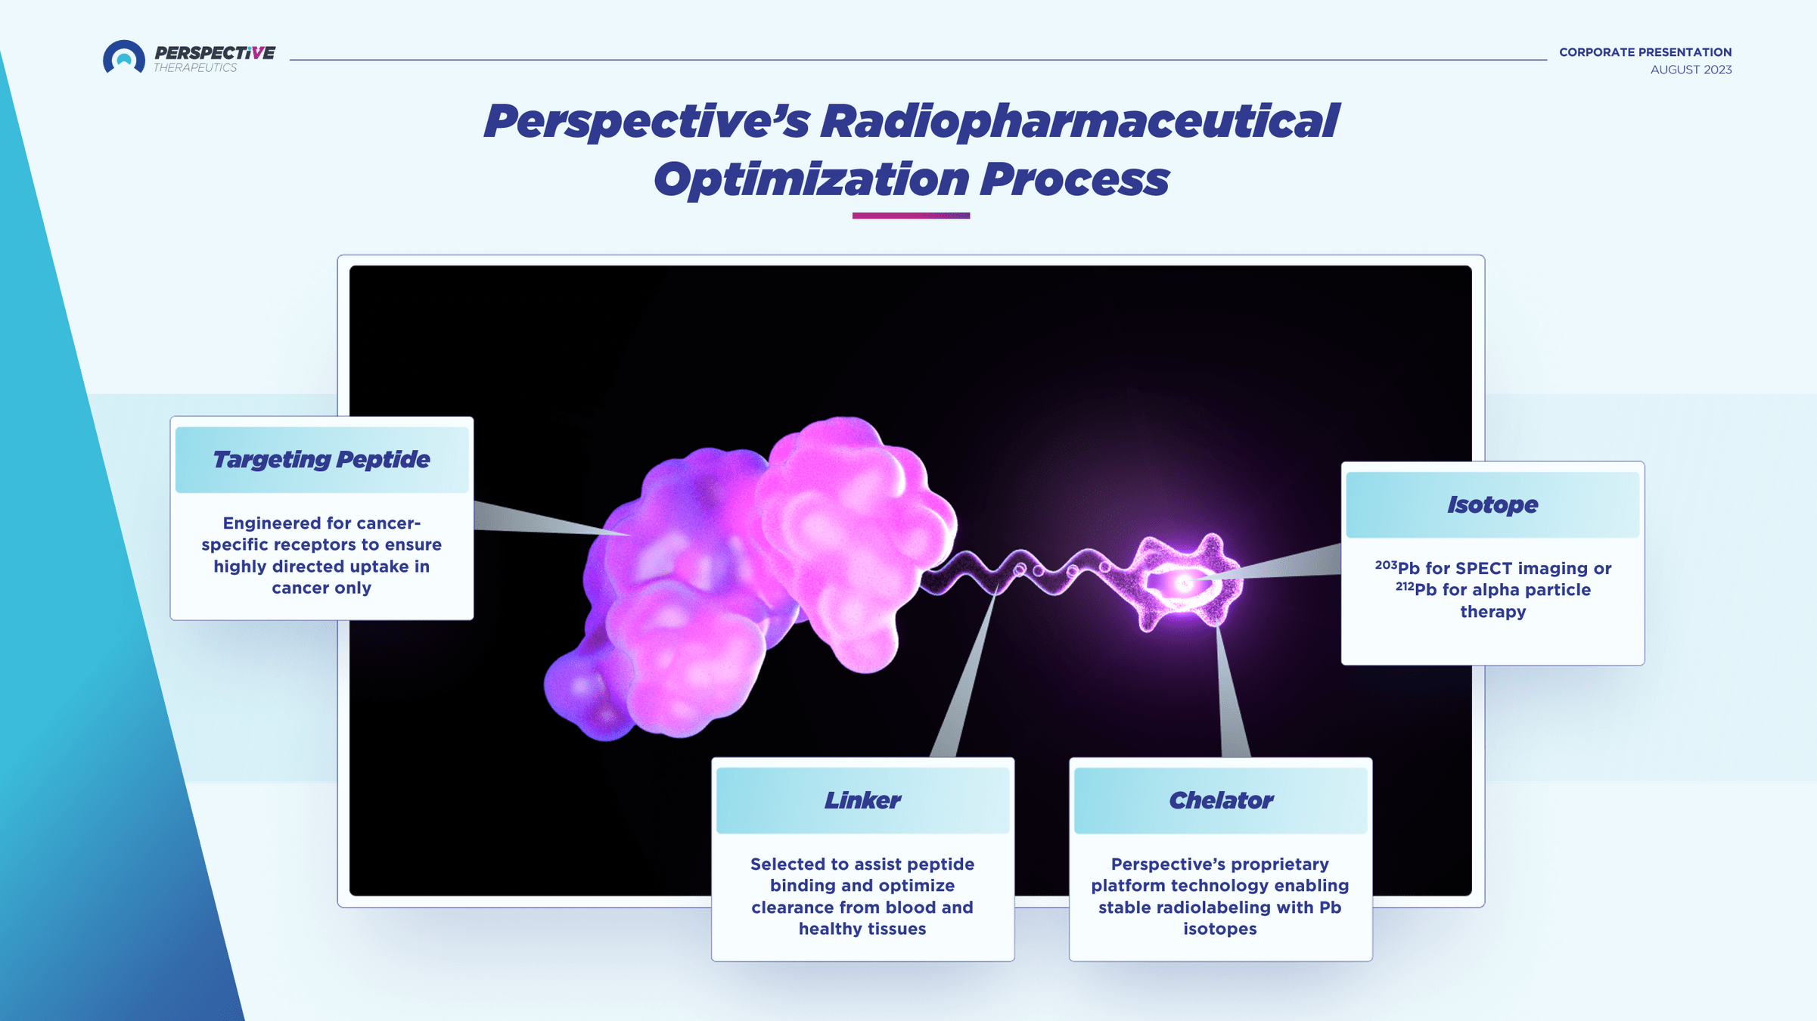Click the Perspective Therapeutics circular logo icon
[123, 57]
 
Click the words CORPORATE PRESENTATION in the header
[1645, 52]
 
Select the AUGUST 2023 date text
[1691, 70]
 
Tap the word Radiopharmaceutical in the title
[1079, 121]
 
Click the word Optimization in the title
[811, 180]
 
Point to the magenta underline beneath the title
[911, 216]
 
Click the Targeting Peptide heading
[321, 460]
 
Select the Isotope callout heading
[1492, 504]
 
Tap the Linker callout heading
[862, 800]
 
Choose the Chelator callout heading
[1221, 800]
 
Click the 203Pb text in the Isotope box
[1396, 568]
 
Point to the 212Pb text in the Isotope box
[1416, 589]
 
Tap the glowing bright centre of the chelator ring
[1182, 583]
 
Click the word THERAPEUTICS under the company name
[195, 68]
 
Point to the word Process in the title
[1074, 180]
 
